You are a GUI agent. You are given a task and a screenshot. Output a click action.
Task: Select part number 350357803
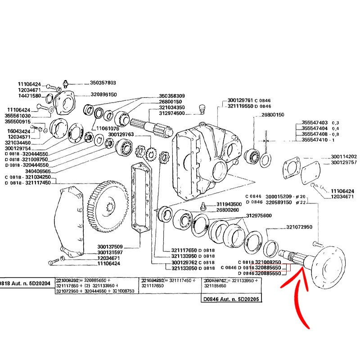tap(103, 83)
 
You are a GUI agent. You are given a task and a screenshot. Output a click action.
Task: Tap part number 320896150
tap(103, 95)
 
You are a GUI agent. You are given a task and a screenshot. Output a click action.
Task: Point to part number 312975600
tap(259, 216)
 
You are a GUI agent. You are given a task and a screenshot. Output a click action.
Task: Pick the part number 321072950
tap(299, 227)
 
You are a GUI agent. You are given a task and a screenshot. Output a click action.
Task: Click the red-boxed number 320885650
tap(268, 268)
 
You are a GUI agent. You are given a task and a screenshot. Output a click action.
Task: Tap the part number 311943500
tap(229, 204)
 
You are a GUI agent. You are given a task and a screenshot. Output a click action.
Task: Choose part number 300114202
tap(343, 156)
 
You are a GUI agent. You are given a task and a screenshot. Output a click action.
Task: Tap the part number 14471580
tap(30, 96)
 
